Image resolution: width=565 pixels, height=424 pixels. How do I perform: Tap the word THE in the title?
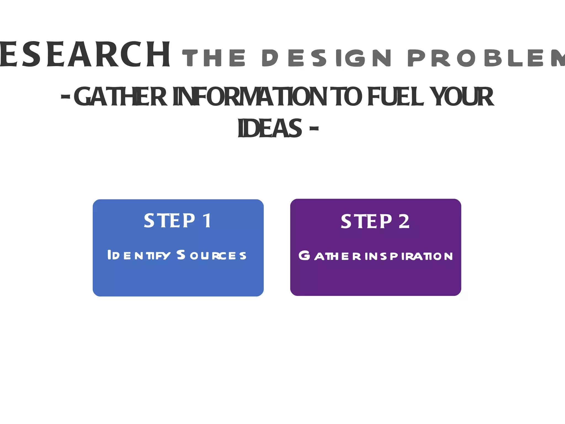click(214, 58)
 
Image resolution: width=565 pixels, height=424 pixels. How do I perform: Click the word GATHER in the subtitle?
click(120, 97)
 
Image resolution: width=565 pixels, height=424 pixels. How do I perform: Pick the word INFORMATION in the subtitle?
click(250, 97)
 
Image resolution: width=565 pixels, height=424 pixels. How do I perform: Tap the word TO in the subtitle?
click(348, 97)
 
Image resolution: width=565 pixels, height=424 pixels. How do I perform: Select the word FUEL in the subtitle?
click(396, 97)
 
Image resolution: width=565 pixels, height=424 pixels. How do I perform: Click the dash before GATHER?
click(65, 97)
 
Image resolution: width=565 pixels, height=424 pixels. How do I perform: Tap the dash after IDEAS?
click(314, 128)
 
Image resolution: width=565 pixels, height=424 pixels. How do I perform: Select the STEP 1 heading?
click(178, 221)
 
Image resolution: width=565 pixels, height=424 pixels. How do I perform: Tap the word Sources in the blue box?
click(211, 255)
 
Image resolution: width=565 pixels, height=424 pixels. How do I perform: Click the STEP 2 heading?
click(375, 221)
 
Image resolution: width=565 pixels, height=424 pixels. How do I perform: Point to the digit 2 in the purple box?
click(404, 221)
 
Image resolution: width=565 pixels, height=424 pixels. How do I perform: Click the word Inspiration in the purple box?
click(409, 256)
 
